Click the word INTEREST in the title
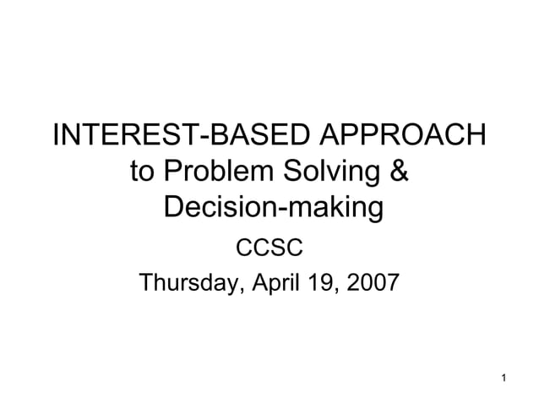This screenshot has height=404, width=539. (x=112, y=135)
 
